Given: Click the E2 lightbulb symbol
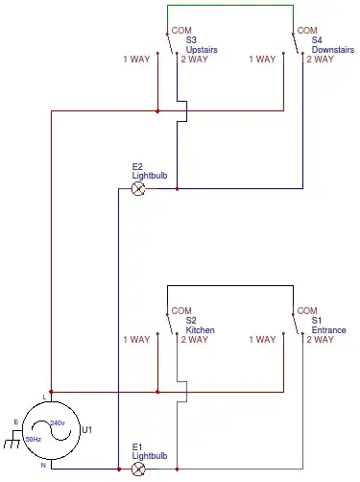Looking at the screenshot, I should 137,189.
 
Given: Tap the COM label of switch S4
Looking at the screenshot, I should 307,31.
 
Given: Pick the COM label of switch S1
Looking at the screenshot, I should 307,311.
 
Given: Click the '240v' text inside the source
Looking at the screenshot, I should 58,422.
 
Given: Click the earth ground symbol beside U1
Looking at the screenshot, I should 12,445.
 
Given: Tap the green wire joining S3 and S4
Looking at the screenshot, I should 230,6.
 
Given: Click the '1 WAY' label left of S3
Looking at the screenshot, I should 136,60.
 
